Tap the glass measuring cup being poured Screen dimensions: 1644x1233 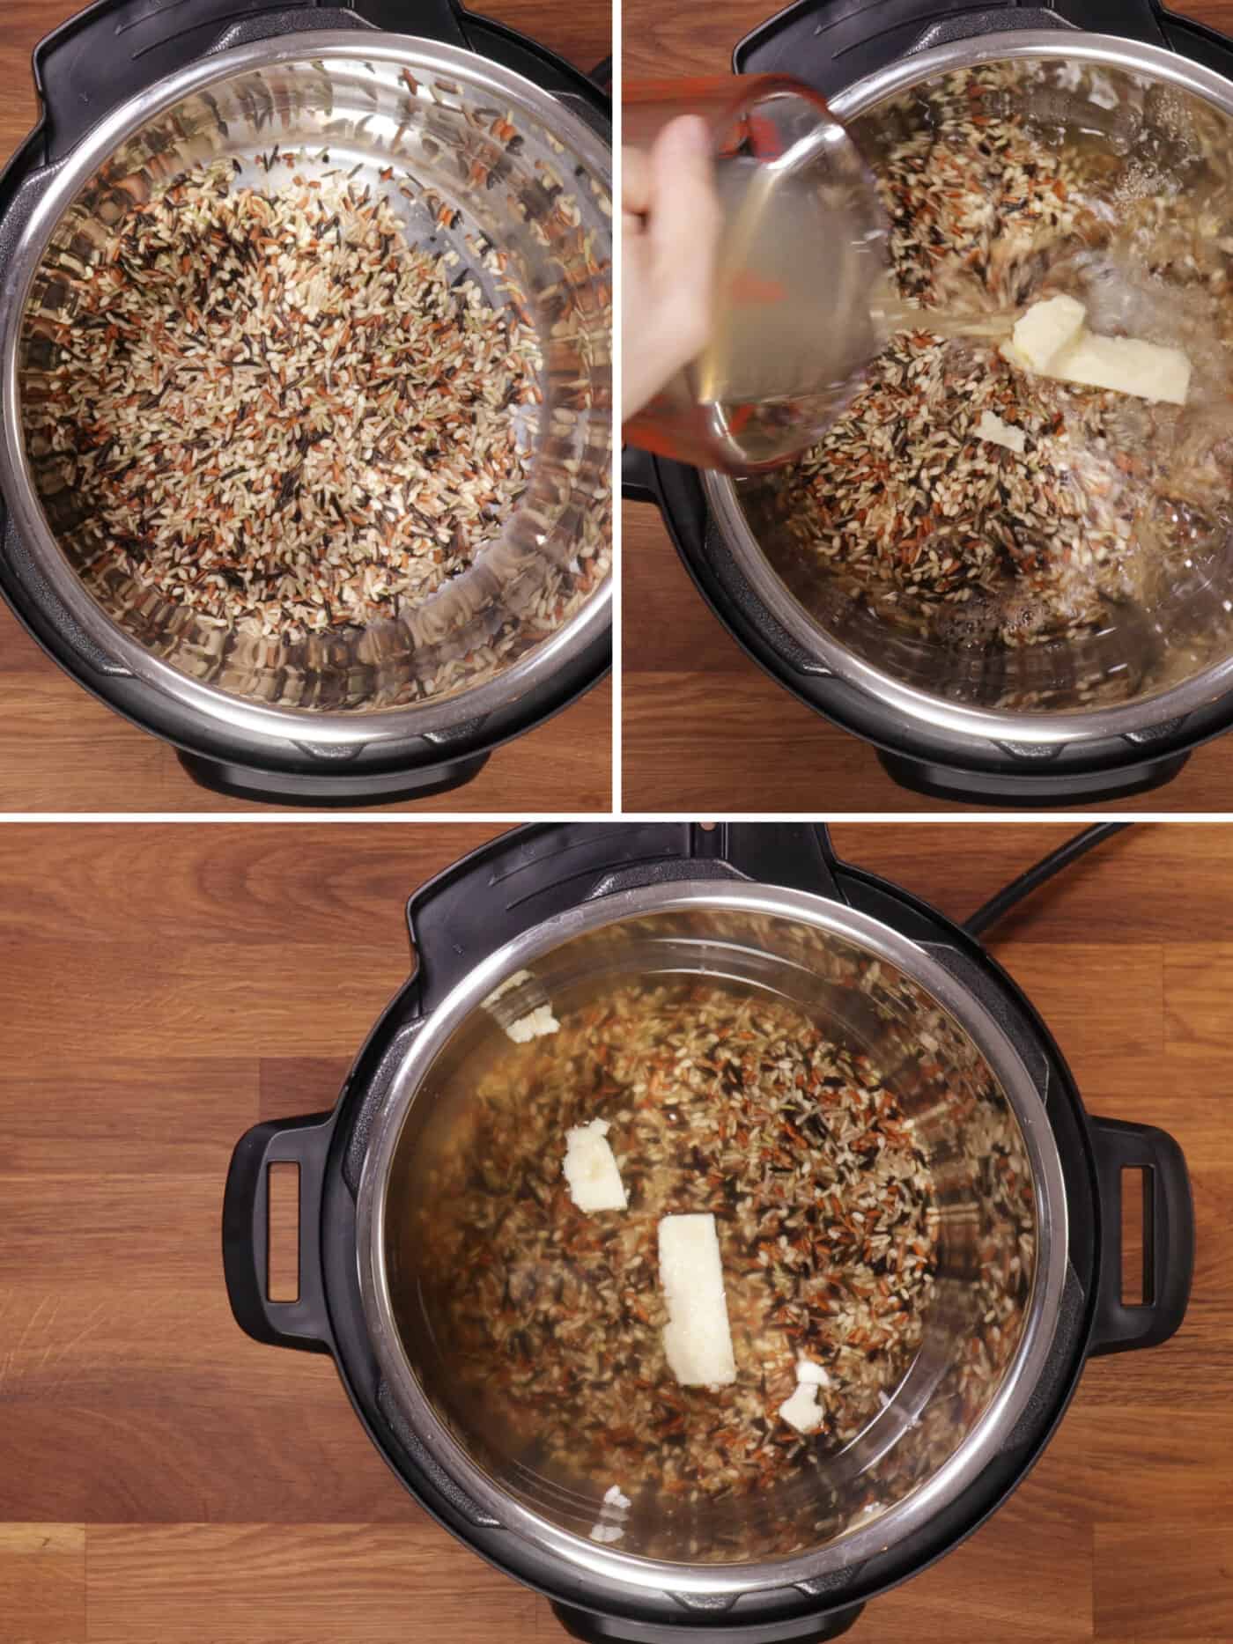pyautogui.click(x=775, y=291)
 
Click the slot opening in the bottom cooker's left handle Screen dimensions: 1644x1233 pyautogui.click(x=281, y=1231)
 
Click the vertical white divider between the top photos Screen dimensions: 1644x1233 pyautogui.click(x=617, y=405)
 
